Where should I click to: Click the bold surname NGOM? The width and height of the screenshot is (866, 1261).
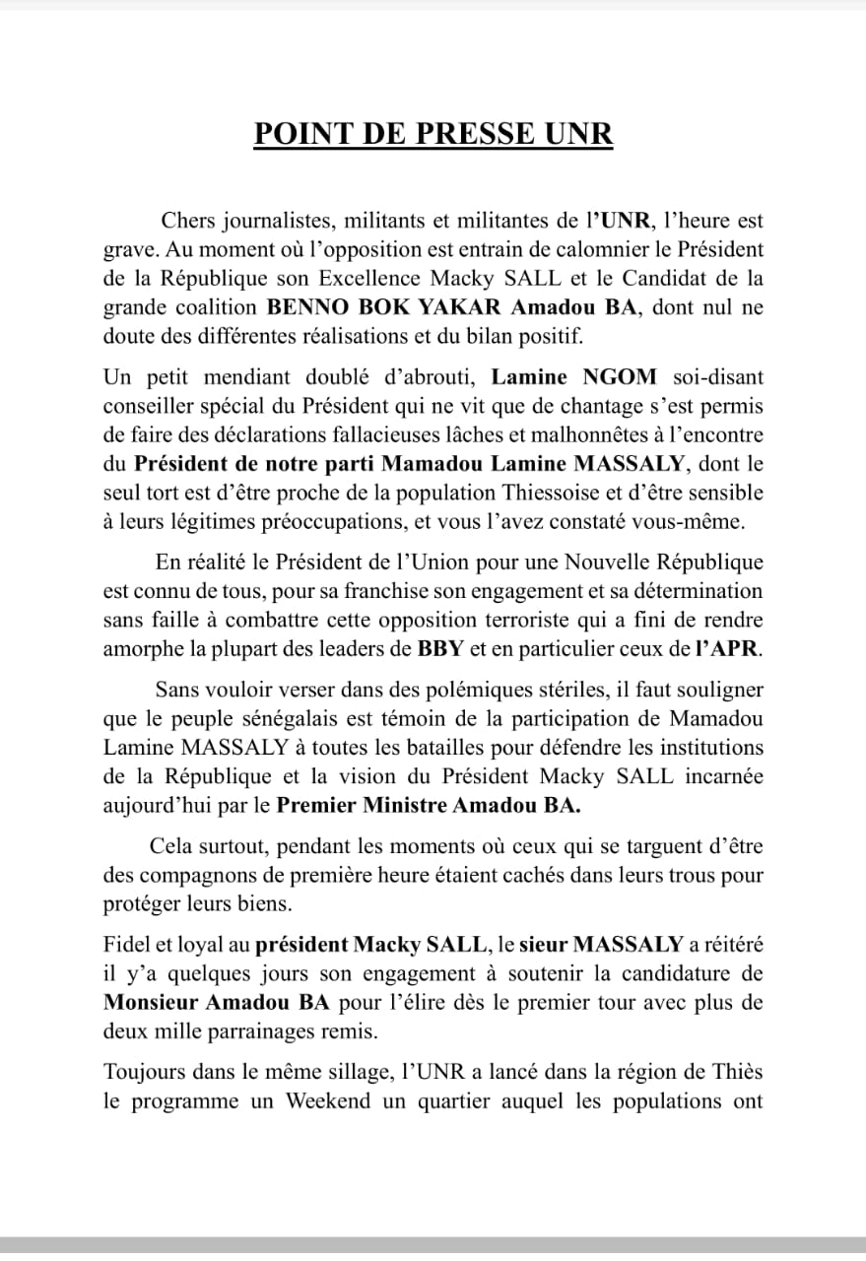pos(626,376)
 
